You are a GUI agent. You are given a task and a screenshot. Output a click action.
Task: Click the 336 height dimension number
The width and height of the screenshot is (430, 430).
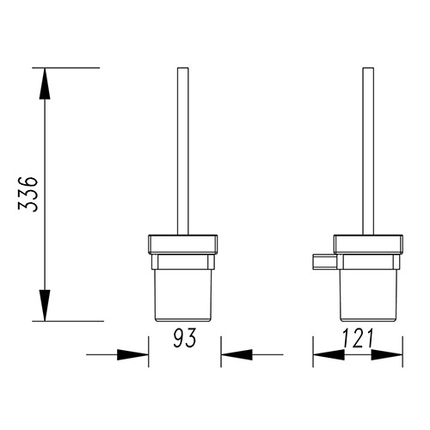pyautogui.click(x=28, y=194)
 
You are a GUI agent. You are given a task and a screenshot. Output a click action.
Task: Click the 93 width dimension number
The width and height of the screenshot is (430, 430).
pyautogui.click(x=184, y=337)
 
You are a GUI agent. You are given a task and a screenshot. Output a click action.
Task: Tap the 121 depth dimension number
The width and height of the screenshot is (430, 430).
pyautogui.click(x=359, y=338)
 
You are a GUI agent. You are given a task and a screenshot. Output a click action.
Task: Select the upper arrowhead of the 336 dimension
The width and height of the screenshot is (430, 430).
pyautogui.click(x=45, y=83)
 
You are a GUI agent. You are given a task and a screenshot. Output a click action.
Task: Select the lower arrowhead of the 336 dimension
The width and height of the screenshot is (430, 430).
pyautogui.click(x=45, y=305)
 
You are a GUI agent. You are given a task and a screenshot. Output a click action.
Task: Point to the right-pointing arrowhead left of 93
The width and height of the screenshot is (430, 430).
pyautogui.click(x=132, y=355)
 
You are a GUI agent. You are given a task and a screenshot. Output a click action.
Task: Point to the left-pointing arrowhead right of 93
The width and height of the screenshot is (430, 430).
pyautogui.click(x=236, y=355)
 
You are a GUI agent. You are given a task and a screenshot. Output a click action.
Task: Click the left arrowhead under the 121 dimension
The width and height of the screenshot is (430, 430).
pyautogui.click(x=329, y=355)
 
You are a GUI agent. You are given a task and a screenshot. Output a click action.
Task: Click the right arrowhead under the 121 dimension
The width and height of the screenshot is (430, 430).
pyautogui.click(x=387, y=355)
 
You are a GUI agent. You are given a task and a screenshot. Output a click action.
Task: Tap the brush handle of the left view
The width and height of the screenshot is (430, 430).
pyautogui.click(x=183, y=151)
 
